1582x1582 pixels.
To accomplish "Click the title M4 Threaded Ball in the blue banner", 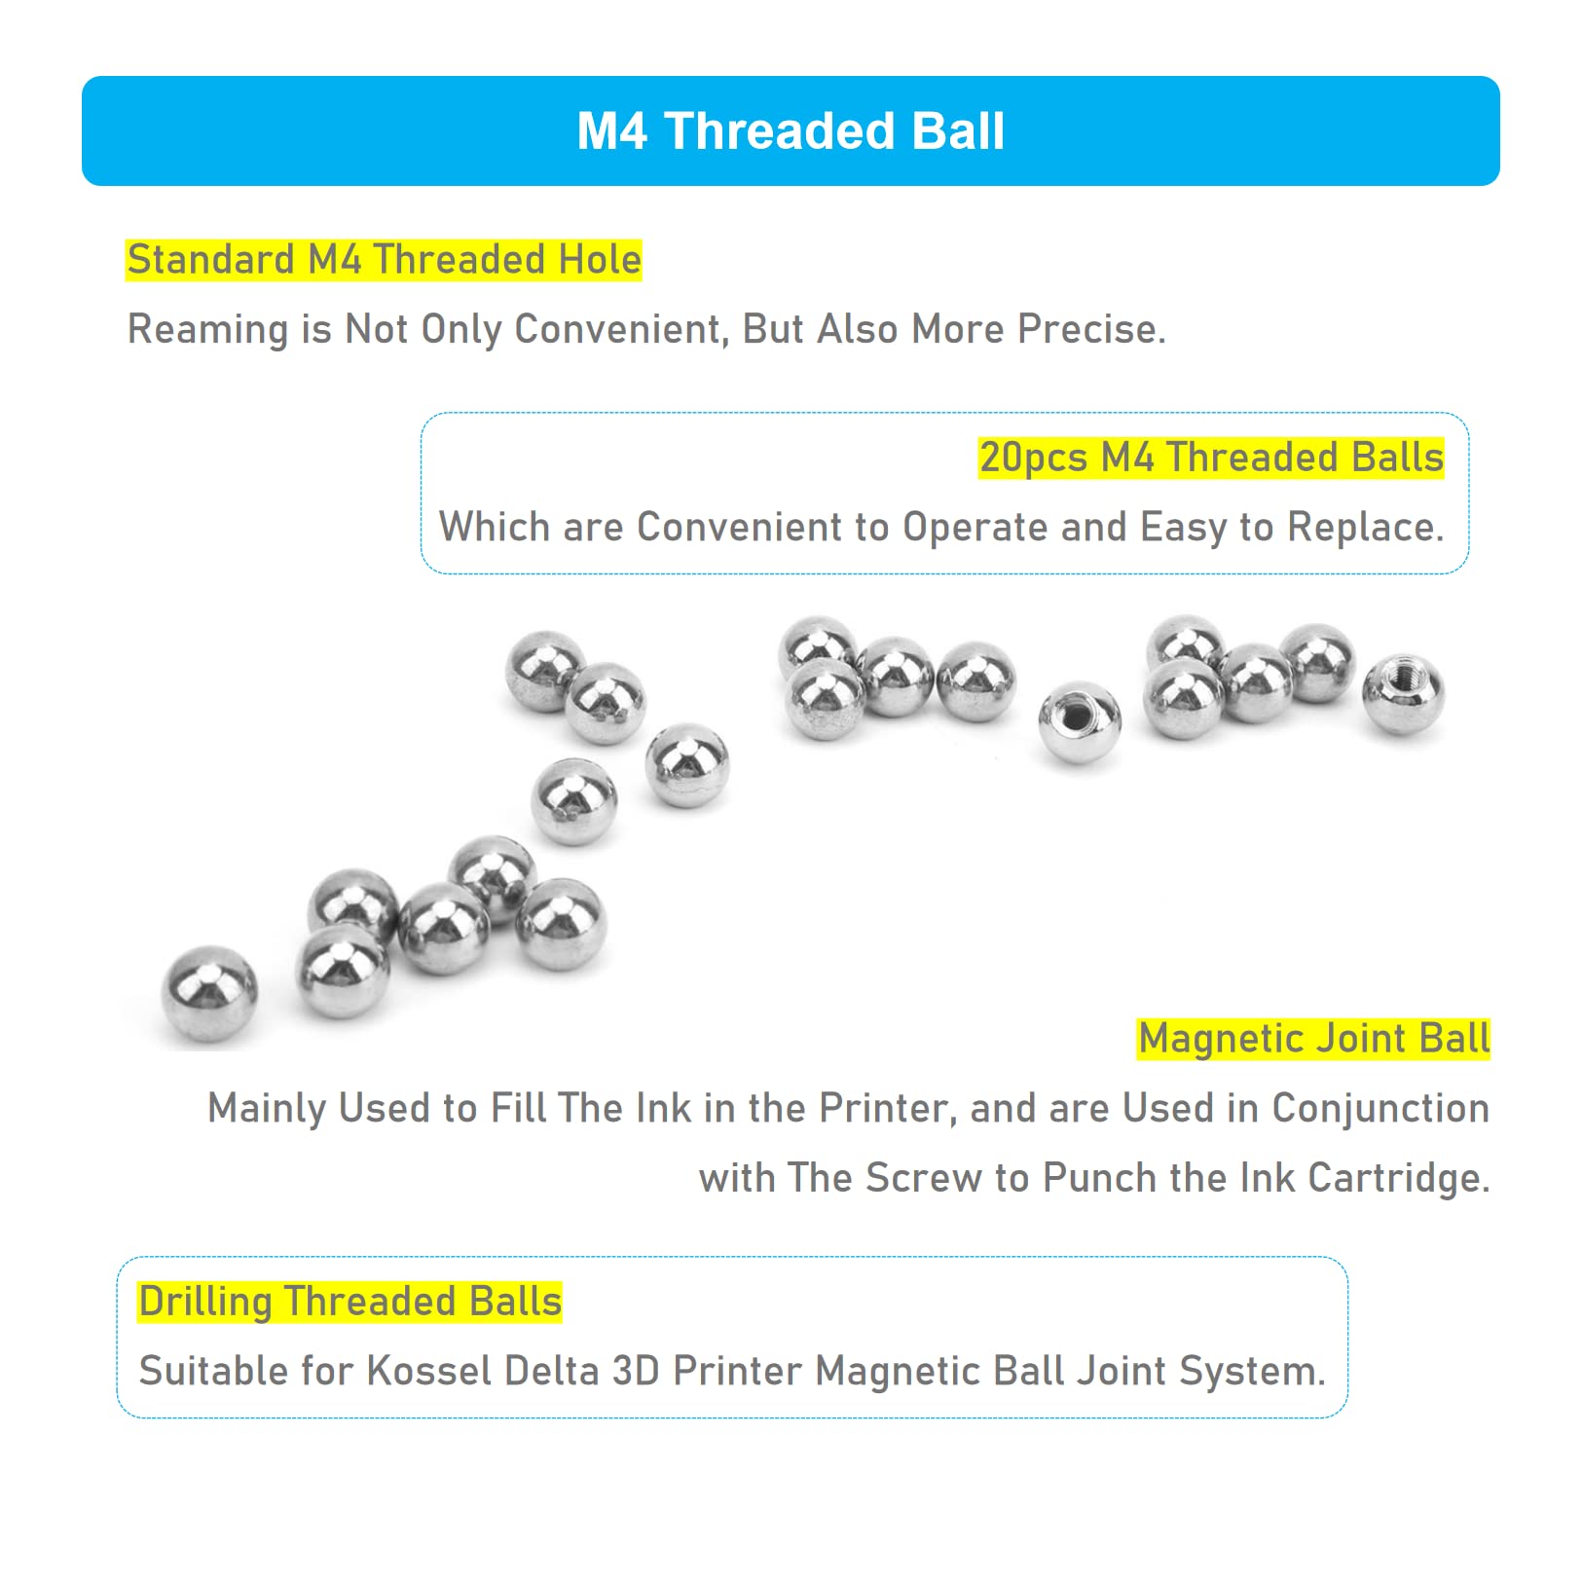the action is point(791,130).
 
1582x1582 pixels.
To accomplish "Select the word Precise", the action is point(1091,329).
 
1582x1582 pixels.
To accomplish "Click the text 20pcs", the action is point(1034,458).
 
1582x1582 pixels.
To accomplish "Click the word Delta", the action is point(551,1371).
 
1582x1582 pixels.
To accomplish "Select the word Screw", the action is point(923,1178).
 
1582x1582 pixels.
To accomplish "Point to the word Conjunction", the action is point(1380,1109).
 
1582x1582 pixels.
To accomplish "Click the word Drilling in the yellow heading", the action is point(205,1303).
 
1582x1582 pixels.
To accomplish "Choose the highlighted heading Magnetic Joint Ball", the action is point(1314,1039).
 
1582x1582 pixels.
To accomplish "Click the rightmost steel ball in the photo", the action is point(1403,694).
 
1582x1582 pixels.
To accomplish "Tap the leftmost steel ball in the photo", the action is point(209,994).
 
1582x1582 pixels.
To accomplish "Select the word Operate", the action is point(975,528).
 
